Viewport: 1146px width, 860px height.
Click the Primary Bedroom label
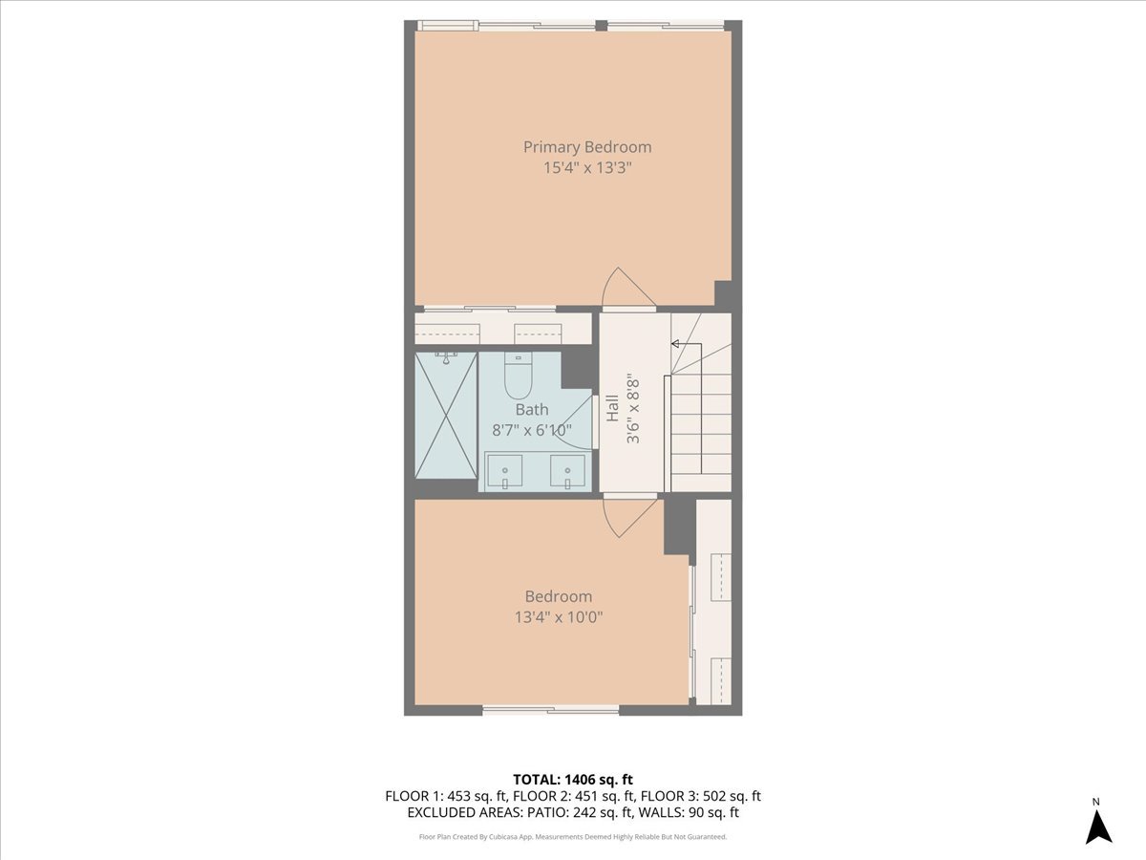click(x=587, y=147)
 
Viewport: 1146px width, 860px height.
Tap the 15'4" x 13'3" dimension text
click(x=587, y=168)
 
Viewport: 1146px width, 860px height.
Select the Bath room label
click(x=532, y=410)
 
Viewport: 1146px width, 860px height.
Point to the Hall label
click(x=611, y=409)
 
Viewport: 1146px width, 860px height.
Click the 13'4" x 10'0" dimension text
click(x=559, y=617)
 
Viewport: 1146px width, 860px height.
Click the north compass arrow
click(x=1098, y=827)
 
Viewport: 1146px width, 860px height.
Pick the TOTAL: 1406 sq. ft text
click(x=573, y=778)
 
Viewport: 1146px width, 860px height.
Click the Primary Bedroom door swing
click(x=627, y=288)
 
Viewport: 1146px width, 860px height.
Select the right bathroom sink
click(x=568, y=472)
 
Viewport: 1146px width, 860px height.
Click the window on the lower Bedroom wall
click(x=551, y=710)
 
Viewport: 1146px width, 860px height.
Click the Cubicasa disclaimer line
click(x=573, y=836)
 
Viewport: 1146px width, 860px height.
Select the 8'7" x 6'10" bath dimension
click(x=532, y=430)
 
